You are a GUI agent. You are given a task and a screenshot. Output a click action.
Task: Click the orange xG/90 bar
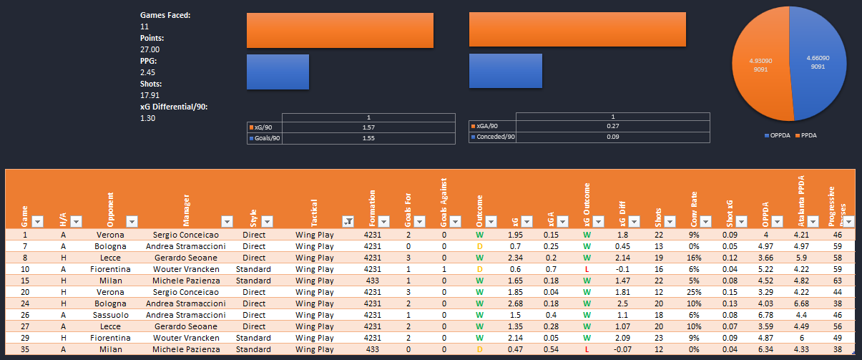[340, 30]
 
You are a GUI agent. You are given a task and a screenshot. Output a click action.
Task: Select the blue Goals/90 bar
[278, 72]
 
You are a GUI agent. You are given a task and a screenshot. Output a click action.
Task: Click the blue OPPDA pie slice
[815, 72]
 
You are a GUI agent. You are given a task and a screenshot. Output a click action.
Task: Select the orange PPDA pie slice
[758, 72]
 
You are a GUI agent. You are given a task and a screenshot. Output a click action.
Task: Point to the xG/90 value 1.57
[369, 127]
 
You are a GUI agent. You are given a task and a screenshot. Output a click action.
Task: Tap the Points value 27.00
[150, 49]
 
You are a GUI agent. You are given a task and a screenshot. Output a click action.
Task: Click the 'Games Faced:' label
[165, 15]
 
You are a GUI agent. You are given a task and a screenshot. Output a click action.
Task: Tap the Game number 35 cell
[26, 349]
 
